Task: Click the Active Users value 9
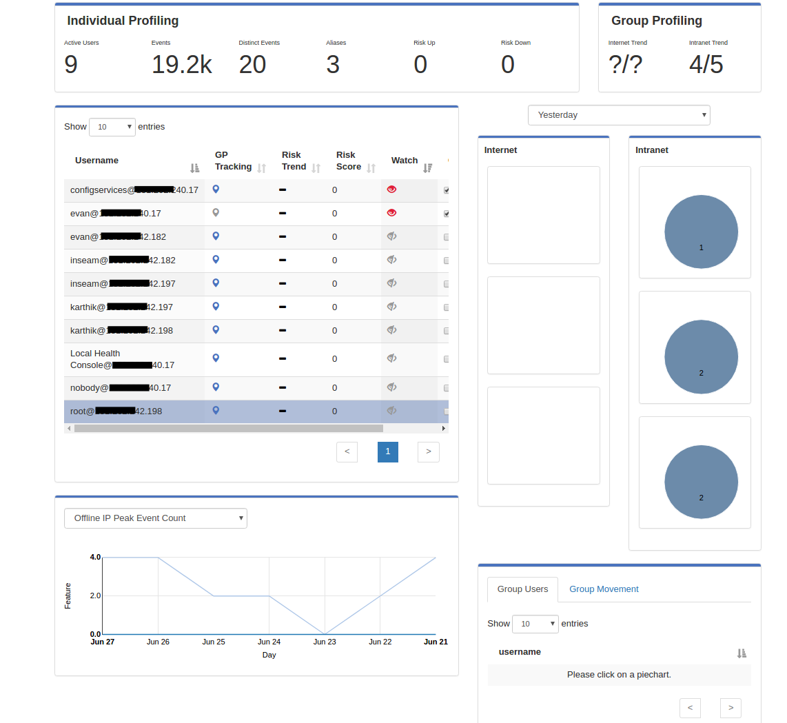click(71, 65)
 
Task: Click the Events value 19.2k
click(182, 65)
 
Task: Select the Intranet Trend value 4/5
click(706, 65)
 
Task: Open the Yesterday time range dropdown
click(619, 115)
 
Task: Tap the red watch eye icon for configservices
click(392, 189)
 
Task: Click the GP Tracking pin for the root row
click(216, 411)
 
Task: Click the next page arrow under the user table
click(429, 451)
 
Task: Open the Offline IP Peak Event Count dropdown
click(155, 518)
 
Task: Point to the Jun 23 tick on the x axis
click(325, 642)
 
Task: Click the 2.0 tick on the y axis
click(95, 595)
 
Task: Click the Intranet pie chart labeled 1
click(701, 232)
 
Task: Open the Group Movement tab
click(604, 589)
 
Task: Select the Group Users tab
click(522, 589)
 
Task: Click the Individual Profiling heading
click(123, 21)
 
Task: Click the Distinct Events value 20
click(252, 65)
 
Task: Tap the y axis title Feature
click(68, 595)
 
